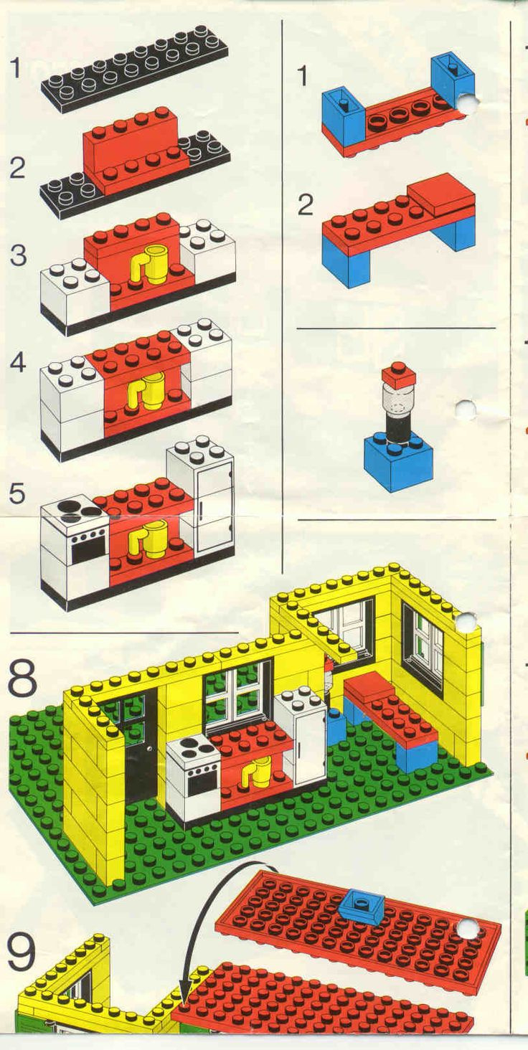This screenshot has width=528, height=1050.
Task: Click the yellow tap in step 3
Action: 151,262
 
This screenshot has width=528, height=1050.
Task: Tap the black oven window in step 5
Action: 88,551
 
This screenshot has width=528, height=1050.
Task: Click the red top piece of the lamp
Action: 398,374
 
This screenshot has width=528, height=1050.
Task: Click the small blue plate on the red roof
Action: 361,906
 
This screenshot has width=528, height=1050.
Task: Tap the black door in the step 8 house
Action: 140,746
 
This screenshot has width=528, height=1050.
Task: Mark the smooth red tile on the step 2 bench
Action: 440,193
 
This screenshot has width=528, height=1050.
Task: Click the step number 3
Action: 18,255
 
